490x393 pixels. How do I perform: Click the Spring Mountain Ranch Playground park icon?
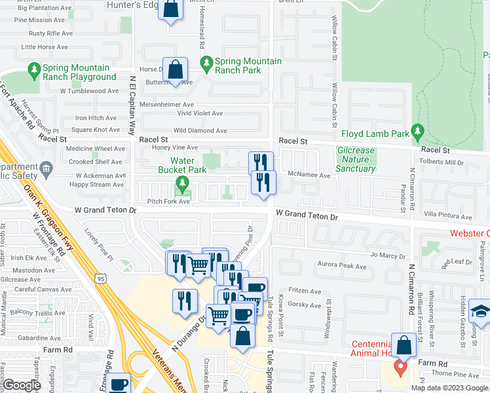34,68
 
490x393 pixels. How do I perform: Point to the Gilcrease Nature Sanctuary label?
356,159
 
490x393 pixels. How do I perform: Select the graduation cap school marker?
480,311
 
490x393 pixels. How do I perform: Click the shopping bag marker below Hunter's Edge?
170,10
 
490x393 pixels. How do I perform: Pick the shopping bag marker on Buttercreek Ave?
176,69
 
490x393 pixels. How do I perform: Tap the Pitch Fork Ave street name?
168,201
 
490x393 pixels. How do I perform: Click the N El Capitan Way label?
132,104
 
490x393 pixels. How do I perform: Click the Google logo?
21,386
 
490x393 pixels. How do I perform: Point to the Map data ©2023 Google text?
449,388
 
